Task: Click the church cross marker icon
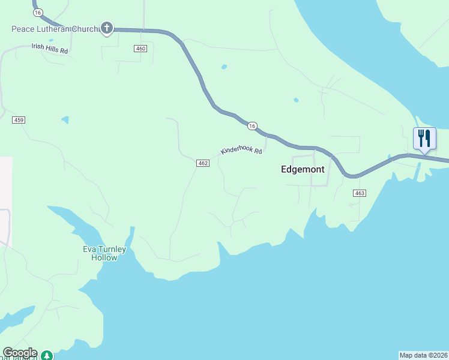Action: click(x=107, y=28)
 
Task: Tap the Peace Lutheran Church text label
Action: click(x=54, y=29)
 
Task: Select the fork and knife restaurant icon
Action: click(x=424, y=139)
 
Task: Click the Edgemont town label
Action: click(x=303, y=170)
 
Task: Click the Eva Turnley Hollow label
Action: click(x=104, y=253)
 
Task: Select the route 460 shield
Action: click(x=140, y=49)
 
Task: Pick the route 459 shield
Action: click(x=19, y=120)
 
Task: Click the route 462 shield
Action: click(x=202, y=163)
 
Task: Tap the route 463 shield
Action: click(x=359, y=193)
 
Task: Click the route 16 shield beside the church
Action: click(x=38, y=13)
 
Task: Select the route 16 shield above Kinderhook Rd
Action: click(x=252, y=125)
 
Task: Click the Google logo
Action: click(x=20, y=353)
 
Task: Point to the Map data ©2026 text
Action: click(x=423, y=355)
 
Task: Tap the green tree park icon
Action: click(x=46, y=356)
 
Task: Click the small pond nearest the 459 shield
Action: click(x=65, y=120)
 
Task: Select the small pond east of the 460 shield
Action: click(x=224, y=67)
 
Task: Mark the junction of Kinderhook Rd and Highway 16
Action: click(x=267, y=136)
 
